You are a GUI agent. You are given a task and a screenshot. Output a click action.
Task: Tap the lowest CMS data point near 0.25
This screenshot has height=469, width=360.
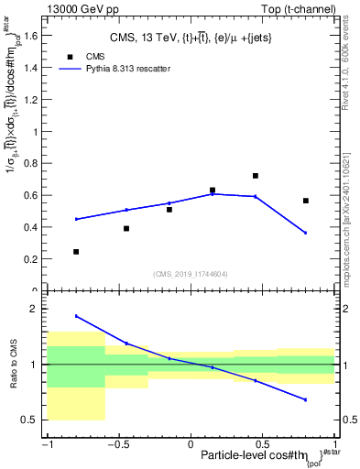point(76,251)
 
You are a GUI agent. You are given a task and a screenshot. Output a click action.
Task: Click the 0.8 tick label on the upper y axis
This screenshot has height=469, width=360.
point(34,163)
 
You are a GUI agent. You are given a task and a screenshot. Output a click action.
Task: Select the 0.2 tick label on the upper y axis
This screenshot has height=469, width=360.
point(34,258)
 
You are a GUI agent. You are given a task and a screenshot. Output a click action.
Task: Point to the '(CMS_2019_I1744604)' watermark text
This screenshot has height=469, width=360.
point(191,273)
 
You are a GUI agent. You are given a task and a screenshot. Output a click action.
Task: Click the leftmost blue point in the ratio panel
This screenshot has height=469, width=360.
point(76,316)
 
